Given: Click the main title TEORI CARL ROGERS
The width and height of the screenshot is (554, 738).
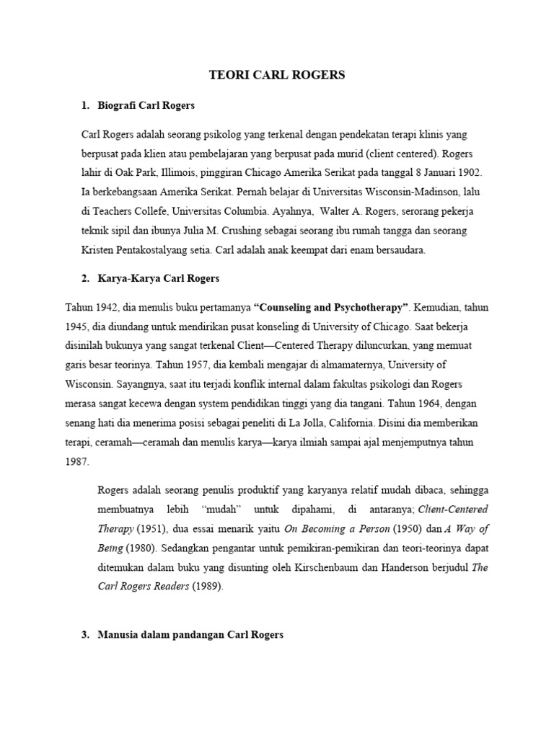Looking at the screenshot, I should click(x=277, y=75).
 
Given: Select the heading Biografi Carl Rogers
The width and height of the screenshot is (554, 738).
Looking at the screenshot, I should click(x=146, y=105).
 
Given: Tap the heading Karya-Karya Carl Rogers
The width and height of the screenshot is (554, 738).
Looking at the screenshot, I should click(x=158, y=277).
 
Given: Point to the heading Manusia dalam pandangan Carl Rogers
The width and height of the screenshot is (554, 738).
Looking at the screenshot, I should click(x=190, y=635).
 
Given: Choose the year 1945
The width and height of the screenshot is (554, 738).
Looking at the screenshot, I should click(x=78, y=326).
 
